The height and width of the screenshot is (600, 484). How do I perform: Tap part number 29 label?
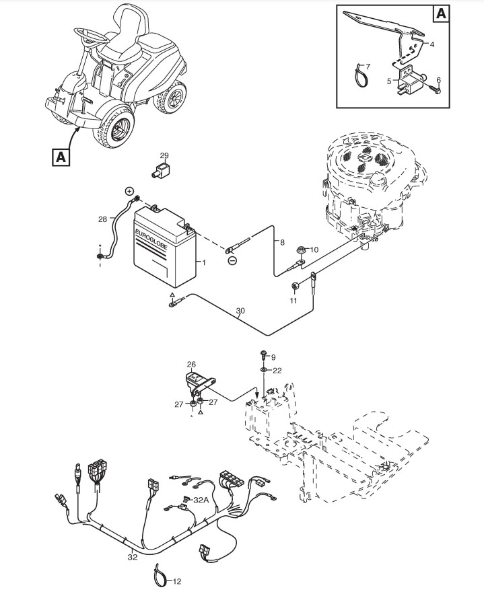[x=164, y=155]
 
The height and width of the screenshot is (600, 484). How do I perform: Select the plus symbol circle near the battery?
[x=129, y=191]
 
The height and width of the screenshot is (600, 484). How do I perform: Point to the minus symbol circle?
[x=232, y=260]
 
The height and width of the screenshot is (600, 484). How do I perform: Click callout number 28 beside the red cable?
[x=102, y=219]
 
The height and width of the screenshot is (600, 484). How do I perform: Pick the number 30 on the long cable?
[x=240, y=311]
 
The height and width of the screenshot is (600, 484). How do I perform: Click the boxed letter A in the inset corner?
[x=440, y=14]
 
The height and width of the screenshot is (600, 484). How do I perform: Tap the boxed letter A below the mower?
[x=61, y=157]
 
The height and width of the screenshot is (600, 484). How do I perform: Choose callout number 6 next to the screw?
[x=439, y=79]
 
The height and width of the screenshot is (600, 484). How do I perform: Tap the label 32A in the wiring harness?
[x=201, y=500]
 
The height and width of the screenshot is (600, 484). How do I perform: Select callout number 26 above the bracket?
[x=191, y=365]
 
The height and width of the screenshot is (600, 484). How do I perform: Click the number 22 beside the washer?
[x=277, y=371]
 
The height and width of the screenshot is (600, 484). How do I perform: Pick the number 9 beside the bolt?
[x=273, y=357]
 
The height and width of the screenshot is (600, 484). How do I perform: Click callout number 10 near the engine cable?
[x=313, y=250]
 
